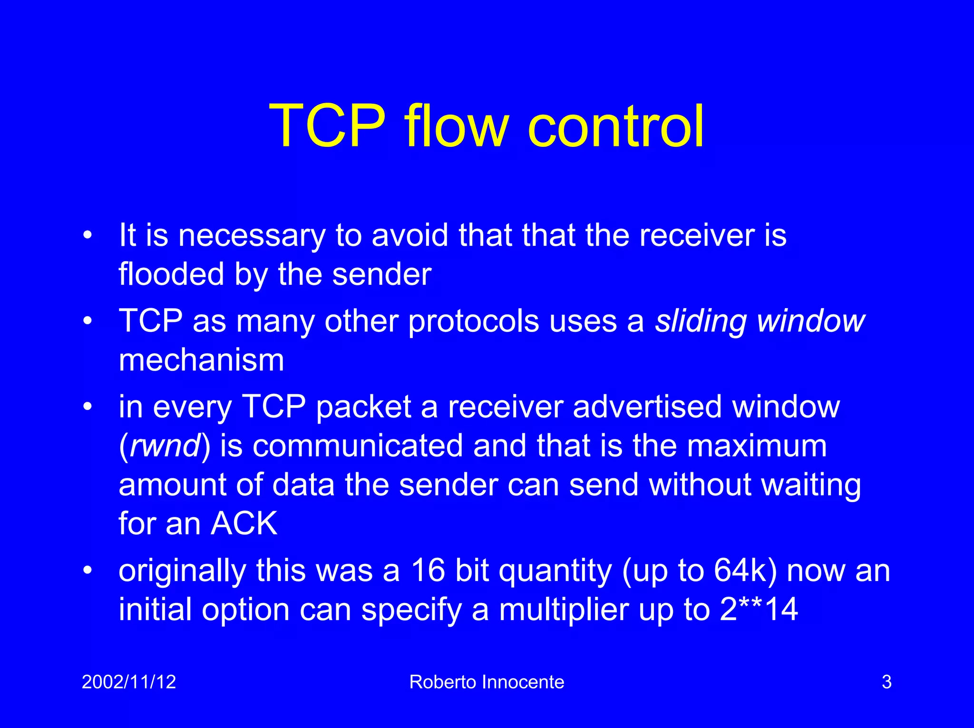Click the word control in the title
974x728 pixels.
point(615,126)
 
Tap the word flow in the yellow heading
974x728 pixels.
point(457,126)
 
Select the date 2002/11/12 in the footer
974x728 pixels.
point(129,682)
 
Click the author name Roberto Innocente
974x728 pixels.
point(487,682)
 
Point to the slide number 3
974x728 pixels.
point(886,682)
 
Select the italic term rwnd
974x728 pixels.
point(165,447)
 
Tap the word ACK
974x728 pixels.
point(244,524)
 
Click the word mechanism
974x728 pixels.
point(201,360)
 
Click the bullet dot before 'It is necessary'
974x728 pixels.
point(87,235)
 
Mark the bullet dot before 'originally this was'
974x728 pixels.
point(87,570)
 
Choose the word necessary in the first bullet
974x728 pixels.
point(252,236)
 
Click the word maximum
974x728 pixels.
point(757,446)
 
